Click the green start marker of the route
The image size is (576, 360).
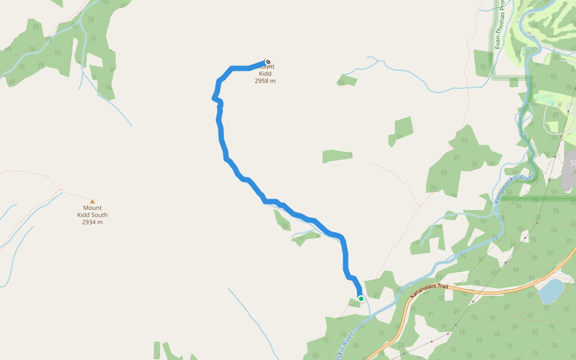point(361,298)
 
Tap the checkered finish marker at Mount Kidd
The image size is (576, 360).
point(268,61)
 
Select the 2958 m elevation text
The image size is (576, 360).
point(265,81)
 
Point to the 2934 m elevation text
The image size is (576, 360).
point(92,222)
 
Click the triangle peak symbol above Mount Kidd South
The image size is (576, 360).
point(92,202)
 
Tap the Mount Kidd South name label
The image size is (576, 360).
point(92,211)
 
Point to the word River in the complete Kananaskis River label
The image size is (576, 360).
point(526,178)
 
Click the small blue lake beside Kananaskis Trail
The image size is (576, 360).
point(551,291)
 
